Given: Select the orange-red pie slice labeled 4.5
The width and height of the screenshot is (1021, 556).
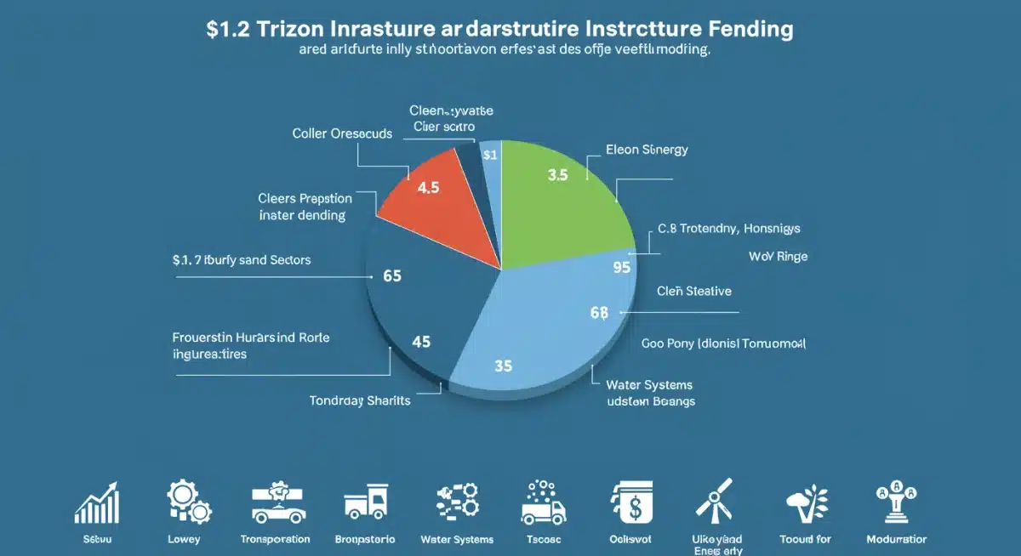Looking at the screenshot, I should coord(434,204).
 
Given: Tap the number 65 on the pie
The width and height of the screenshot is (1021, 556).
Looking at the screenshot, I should coord(392,276).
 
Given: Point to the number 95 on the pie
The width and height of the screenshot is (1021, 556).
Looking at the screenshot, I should coord(621,268).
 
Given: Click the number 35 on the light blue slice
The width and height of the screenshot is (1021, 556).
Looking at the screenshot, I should coord(503,366).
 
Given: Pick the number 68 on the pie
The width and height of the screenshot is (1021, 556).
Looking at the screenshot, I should coord(598,313).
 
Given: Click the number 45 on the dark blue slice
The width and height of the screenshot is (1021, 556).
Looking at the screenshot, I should coord(420,342).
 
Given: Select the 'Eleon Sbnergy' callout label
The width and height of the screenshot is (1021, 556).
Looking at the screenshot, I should coord(647,150).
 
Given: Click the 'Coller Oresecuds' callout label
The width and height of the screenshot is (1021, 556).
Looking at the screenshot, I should coord(341,133).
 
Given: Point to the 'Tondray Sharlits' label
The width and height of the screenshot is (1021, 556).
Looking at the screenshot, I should coord(360,400).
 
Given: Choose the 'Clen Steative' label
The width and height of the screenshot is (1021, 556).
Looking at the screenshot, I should coord(694,291).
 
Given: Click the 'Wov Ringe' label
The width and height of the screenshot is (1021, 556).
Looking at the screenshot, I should coord(778,255).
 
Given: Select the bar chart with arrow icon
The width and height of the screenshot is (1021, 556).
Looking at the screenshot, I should coord(95,502).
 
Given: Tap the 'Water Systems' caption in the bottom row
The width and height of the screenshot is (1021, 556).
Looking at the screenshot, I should coord(457,539).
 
